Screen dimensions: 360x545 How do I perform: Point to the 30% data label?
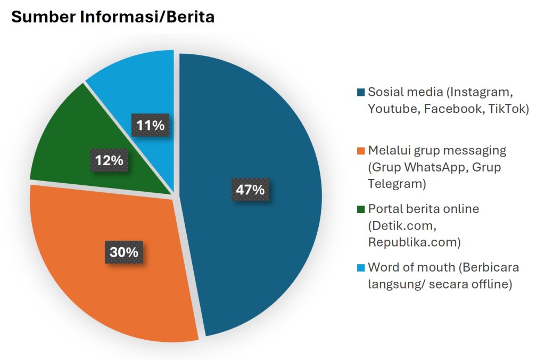123,252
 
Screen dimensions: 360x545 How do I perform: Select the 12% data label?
109,160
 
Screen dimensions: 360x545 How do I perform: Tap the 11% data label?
151,126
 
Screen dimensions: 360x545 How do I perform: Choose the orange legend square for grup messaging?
361,151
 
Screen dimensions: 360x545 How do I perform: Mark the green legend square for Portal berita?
361,209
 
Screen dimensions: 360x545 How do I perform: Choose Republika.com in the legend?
414,242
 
